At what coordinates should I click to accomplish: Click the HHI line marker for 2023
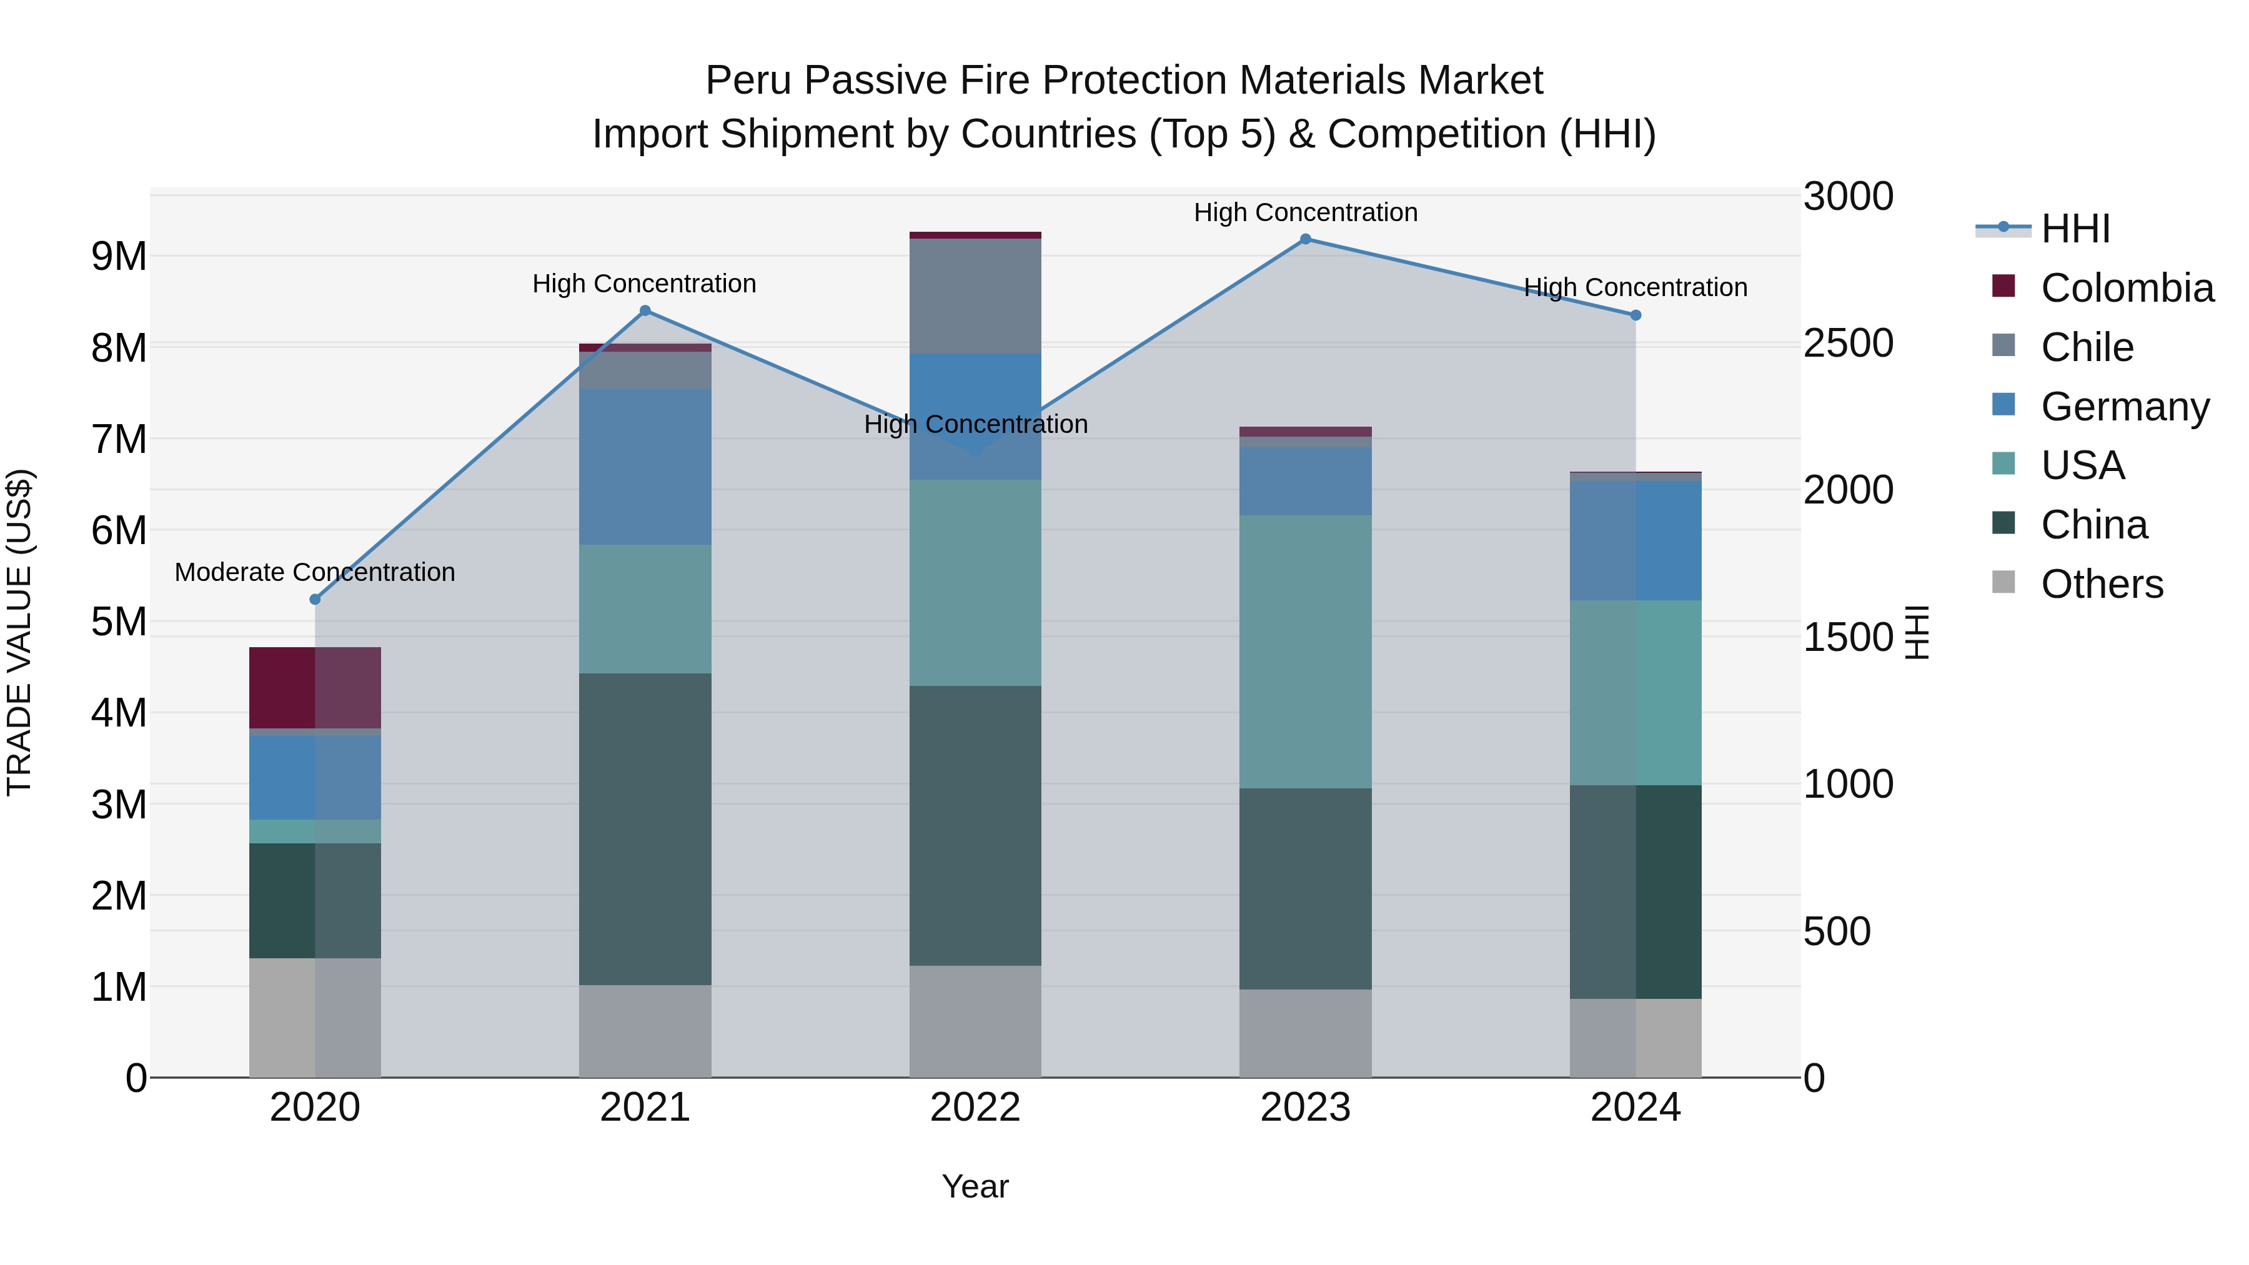(x=1305, y=239)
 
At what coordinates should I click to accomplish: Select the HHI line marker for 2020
(x=315, y=600)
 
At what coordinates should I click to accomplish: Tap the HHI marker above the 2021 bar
(x=645, y=311)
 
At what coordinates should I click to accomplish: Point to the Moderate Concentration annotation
(x=315, y=573)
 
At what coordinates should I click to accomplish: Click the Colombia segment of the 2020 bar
(x=315, y=688)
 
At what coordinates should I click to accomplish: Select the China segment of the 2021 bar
(x=645, y=830)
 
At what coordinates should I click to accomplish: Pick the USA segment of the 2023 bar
(x=1305, y=652)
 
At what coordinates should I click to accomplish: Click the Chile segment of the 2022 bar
(x=975, y=296)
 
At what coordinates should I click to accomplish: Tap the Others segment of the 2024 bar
(x=1636, y=1038)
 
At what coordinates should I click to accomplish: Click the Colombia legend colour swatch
(x=2003, y=286)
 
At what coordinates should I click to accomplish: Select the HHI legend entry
(x=2076, y=229)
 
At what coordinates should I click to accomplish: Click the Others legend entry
(x=2102, y=584)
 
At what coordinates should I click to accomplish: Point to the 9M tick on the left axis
(x=119, y=257)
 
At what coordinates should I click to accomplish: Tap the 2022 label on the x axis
(x=975, y=1108)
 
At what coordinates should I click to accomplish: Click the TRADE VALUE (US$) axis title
(x=19, y=633)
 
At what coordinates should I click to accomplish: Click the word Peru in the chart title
(x=748, y=81)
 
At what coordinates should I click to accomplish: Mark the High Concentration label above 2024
(x=1636, y=287)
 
